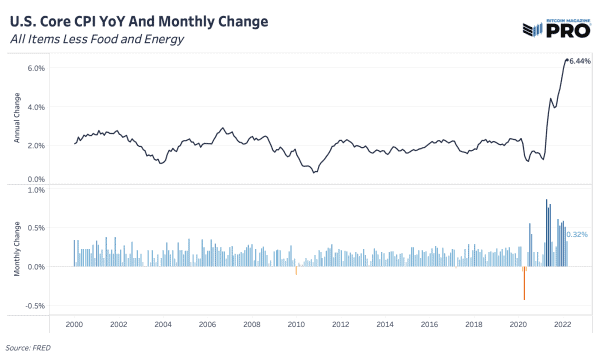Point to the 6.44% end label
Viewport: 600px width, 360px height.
click(581, 61)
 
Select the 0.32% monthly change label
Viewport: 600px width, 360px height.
click(577, 234)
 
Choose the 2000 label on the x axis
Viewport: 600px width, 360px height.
click(74, 325)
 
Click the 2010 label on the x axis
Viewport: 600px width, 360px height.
click(296, 325)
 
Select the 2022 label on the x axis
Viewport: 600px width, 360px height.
click(562, 325)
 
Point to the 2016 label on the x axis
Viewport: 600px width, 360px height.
click(429, 325)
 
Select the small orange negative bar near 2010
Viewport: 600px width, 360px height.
click(297, 270)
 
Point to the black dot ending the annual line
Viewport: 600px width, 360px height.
click(567, 60)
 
